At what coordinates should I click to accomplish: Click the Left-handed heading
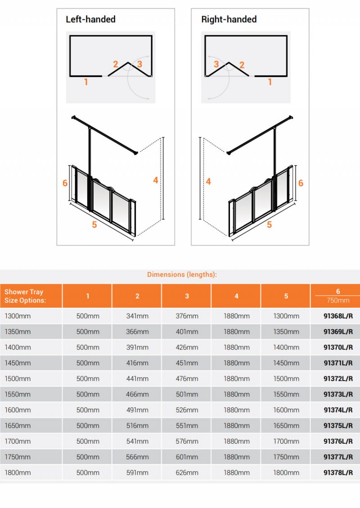(90, 19)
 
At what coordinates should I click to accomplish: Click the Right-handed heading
(229, 19)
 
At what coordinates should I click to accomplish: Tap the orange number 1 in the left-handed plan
(86, 82)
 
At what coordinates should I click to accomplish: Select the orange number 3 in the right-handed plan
(216, 64)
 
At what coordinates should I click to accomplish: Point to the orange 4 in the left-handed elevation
(156, 180)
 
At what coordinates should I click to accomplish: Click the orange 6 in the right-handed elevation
(301, 183)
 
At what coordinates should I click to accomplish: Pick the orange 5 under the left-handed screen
(94, 225)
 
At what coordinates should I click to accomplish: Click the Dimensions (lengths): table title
(182, 274)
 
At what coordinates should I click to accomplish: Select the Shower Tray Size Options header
(25, 296)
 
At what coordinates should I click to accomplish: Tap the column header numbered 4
(236, 296)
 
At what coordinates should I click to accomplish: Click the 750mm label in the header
(338, 301)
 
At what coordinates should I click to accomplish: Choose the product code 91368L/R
(338, 316)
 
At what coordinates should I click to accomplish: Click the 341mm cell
(137, 316)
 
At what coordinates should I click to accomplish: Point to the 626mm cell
(187, 472)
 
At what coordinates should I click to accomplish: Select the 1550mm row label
(18, 394)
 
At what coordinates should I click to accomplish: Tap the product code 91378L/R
(338, 472)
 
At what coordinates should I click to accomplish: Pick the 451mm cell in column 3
(187, 363)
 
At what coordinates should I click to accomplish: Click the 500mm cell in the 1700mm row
(88, 441)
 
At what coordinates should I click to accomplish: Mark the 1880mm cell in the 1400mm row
(236, 347)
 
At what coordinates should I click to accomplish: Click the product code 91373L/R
(338, 394)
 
